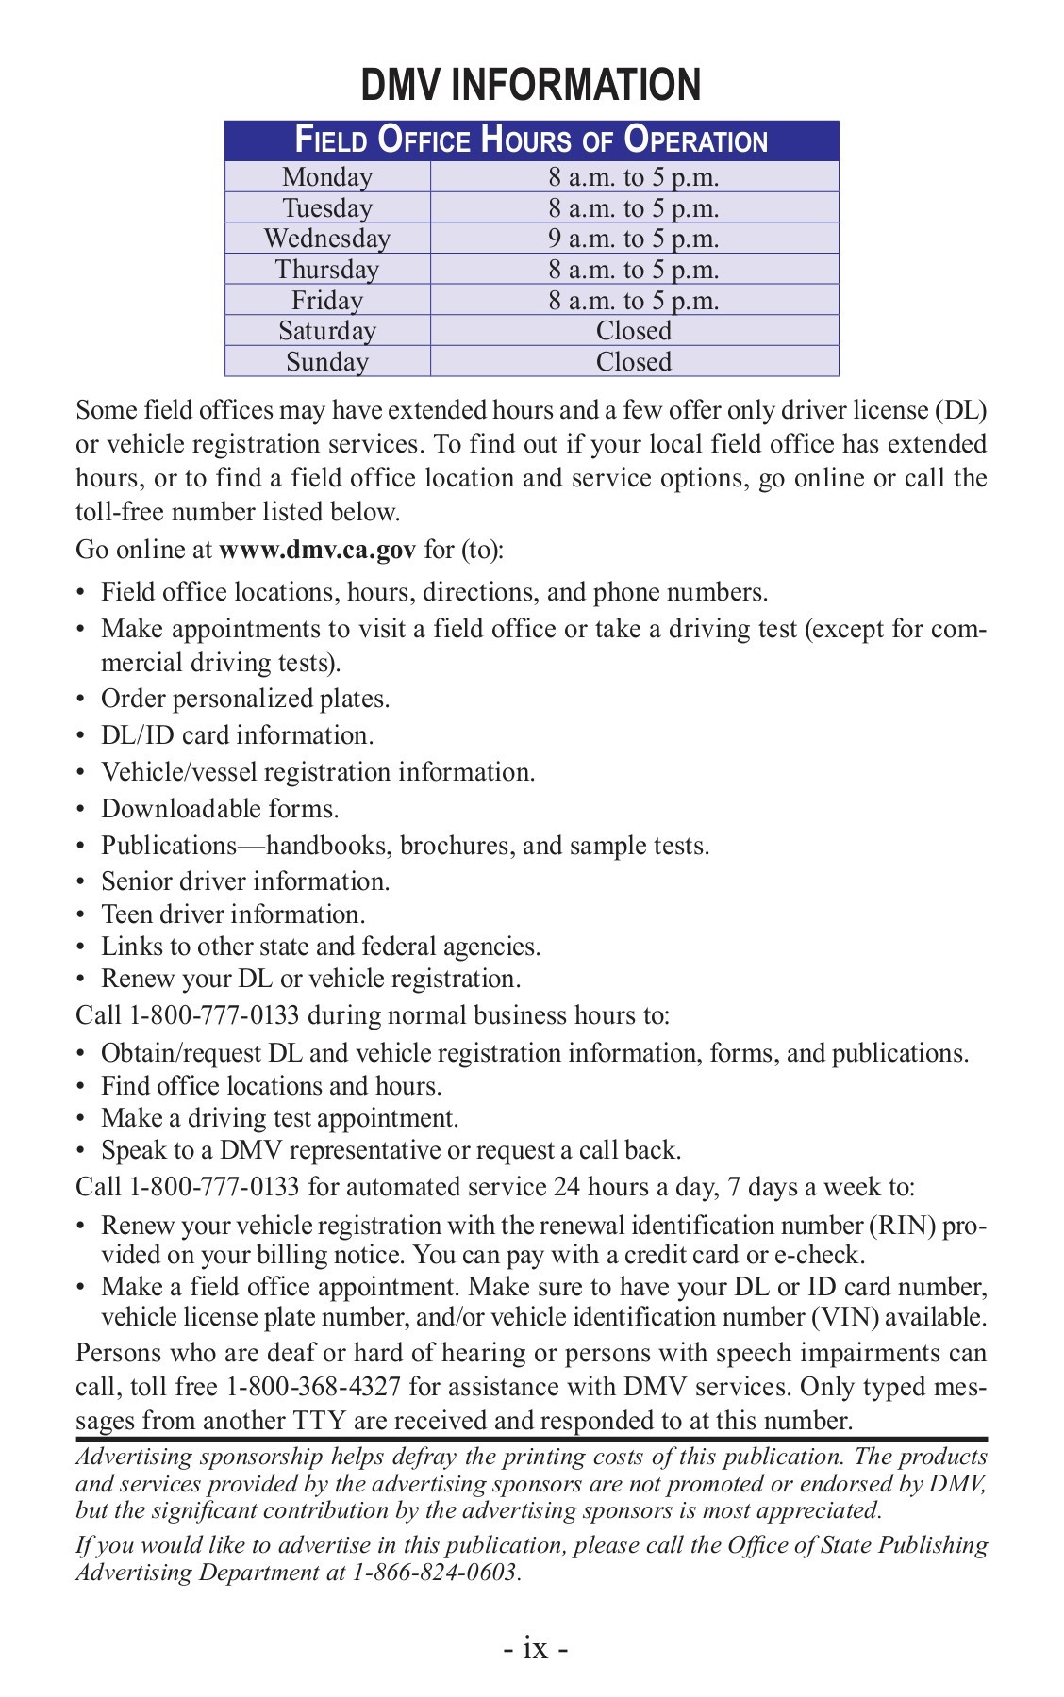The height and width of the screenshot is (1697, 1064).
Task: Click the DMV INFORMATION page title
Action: coord(531,86)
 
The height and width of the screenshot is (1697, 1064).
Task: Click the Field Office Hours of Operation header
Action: coord(531,140)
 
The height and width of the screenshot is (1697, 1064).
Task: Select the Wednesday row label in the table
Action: coord(326,239)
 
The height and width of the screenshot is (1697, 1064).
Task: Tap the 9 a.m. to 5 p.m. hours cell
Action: coord(634,239)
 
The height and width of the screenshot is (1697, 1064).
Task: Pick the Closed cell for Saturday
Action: coord(634,331)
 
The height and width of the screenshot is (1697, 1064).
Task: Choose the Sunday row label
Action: coord(326,362)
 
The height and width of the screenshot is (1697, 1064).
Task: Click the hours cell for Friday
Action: coord(634,301)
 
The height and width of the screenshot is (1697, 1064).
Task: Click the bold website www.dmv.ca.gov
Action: coord(317,550)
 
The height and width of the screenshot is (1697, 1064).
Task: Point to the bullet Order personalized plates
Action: coord(245,699)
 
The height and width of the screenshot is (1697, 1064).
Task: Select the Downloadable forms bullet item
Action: coord(220,809)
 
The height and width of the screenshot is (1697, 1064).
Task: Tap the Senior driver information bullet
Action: coord(245,881)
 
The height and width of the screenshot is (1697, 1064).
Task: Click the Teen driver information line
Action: coord(233,914)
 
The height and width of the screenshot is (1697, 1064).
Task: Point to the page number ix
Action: coord(534,1648)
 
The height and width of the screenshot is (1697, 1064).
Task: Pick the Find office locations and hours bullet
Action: coord(272,1086)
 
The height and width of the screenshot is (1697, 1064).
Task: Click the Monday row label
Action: coord(326,177)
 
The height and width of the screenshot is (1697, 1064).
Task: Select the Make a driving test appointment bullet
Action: coord(279,1118)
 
